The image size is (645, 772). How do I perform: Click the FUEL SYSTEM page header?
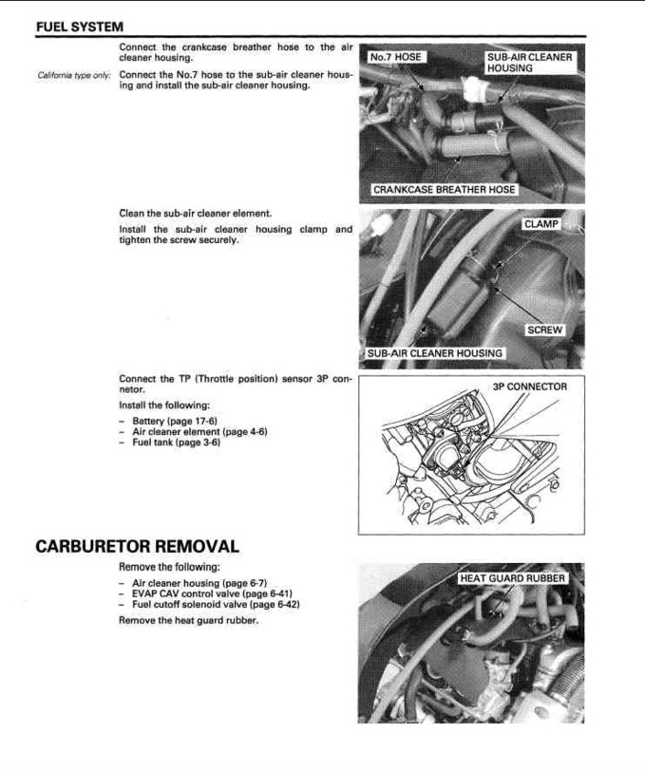[79, 26]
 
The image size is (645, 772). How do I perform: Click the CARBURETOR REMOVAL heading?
[137, 547]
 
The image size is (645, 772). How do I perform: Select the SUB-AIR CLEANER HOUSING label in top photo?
[529, 63]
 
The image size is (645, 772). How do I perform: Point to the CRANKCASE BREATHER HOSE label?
[444, 190]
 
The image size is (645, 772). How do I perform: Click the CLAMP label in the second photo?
[541, 224]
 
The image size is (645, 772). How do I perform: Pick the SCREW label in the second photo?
[545, 330]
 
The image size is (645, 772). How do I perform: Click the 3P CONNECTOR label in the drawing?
[529, 386]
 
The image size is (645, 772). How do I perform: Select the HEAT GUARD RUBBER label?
[512, 578]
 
